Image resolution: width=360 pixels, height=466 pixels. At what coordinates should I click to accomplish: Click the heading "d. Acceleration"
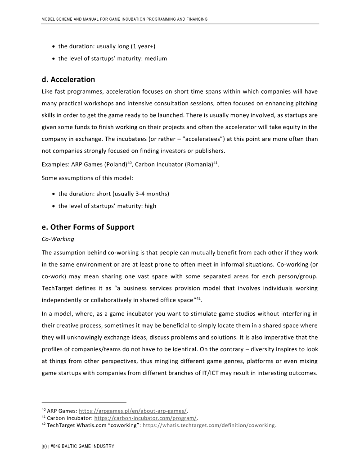click(x=68, y=80)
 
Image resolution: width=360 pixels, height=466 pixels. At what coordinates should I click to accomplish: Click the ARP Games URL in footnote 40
click(x=133, y=411)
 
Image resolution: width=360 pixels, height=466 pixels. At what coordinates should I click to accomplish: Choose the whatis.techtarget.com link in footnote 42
click(x=208, y=425)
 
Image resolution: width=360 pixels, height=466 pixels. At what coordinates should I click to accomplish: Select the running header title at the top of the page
click(x=124, y=19)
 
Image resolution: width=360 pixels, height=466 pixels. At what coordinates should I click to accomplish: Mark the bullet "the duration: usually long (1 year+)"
click(x=107, y=46)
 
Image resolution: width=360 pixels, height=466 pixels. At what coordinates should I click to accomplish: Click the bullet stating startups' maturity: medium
click(x=112, y=58)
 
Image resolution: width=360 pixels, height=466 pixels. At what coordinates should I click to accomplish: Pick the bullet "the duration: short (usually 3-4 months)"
click(x=113, y=194)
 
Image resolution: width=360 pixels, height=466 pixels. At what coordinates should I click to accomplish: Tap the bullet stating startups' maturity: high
click(x=107, y=206)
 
